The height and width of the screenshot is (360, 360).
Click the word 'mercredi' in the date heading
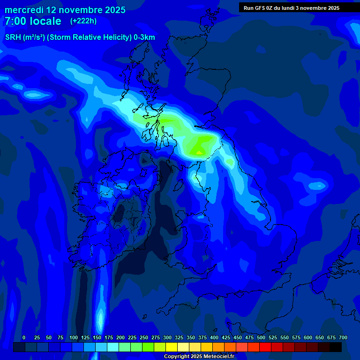[x=23, y=10]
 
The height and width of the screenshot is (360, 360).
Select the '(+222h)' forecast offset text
[x=83, y=21]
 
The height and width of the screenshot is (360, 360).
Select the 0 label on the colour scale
[x=24, y=338]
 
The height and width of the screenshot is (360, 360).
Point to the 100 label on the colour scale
[x=74, y=338]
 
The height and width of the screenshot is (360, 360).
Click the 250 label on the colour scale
[x=144, y=338]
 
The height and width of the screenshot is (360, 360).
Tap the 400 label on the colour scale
[x=214, y=338]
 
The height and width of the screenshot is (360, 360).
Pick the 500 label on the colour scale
[x=261, y=338]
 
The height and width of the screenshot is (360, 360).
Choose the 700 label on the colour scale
[x=343, y=338]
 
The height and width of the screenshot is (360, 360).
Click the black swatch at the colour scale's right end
[x=336, y=347]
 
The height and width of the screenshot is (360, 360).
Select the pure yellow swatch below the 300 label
[x=172, y=347]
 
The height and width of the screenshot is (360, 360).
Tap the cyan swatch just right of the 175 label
[x=113, y=347]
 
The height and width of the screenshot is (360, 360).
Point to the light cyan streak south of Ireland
[x=99, y=319]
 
